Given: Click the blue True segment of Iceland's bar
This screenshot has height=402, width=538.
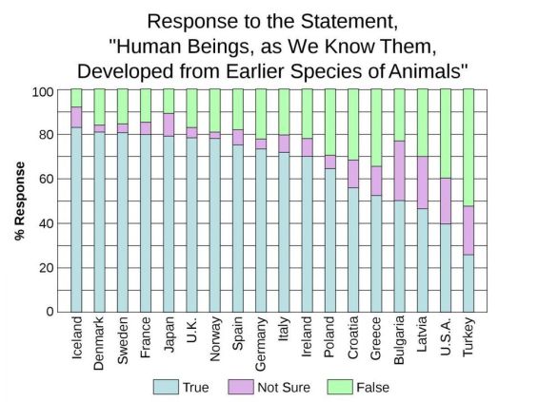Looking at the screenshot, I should click(x=76, y=219).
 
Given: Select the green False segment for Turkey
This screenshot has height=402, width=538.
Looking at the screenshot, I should click(x=468, y=147).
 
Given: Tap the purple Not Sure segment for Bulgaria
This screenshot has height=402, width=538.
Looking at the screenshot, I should click(x=399, y=171).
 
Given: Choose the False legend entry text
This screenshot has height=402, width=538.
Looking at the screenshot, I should click(x=372, y=387).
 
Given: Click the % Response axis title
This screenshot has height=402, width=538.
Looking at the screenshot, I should click(x=20, y=201).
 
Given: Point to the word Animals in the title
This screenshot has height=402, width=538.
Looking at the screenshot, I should click(x=425, y=70).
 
